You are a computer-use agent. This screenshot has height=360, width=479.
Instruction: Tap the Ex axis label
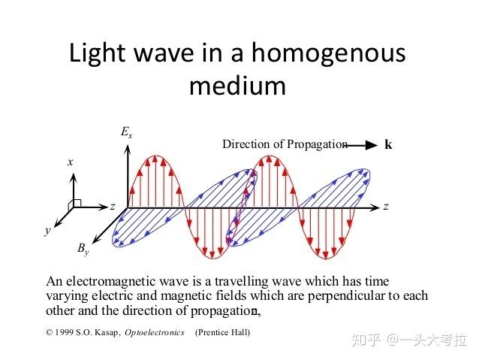point(126,132)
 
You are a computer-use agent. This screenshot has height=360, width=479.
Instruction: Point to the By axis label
point(83,249)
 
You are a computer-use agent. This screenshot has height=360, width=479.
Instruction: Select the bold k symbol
point(388,144)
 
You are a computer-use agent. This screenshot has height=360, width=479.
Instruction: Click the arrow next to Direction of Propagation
point(362,145)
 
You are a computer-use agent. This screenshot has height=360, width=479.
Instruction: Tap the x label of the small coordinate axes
point(71,162)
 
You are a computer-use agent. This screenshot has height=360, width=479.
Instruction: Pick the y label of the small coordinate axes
point(47,230)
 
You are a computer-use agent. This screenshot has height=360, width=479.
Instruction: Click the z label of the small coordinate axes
point(113,207)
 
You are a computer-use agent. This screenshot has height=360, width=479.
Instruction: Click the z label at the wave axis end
point(386,207)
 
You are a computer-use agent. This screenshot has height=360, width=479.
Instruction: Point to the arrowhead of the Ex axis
point(128,148)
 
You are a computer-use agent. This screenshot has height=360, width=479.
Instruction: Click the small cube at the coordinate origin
point(75,204)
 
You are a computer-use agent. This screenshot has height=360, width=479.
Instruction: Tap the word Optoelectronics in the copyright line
point(155,332)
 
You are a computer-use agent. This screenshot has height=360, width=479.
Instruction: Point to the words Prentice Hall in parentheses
point(222,332)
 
